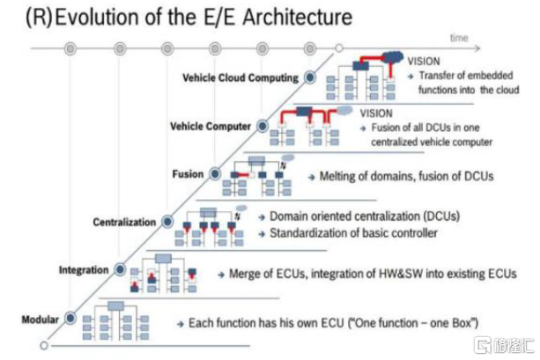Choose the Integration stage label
point(84,268)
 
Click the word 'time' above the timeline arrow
point(459,39)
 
